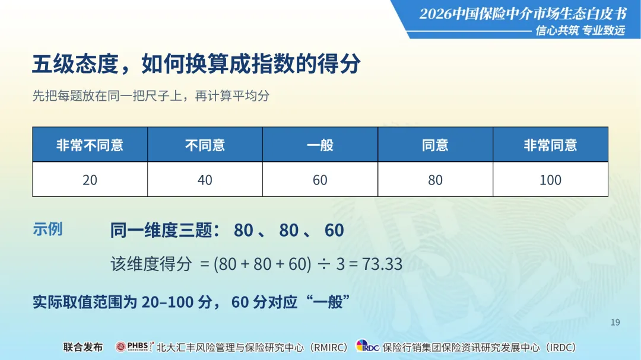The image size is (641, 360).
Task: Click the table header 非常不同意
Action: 90,145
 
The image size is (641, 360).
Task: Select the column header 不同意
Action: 205,145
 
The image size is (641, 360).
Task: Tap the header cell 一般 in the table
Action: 320,145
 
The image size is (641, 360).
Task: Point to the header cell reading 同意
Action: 436,145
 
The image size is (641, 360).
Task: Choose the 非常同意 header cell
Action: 550,145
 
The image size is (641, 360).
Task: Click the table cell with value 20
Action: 90,179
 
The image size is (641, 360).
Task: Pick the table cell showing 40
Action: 205,179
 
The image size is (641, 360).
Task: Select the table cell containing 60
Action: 320,179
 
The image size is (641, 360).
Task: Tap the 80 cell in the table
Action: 436,179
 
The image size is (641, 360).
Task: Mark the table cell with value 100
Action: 550,179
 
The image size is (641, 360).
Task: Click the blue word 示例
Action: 47,230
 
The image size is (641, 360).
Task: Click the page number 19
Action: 615,323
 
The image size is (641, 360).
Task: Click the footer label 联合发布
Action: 83,348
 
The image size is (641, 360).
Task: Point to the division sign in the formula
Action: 324,265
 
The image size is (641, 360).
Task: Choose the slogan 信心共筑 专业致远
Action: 580,30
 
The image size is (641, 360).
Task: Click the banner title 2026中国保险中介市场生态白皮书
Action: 523,14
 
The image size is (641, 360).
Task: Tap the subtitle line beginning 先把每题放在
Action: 151,95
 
